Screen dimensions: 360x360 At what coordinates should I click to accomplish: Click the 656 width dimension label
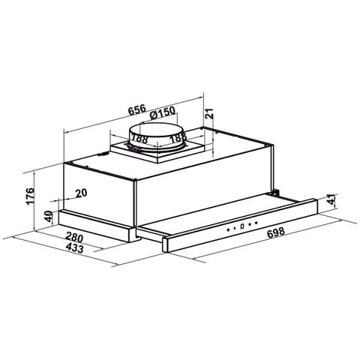(x=136, y=109)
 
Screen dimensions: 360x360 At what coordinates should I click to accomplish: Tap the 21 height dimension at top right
(x=211, y=113)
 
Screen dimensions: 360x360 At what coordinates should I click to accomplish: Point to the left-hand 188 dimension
(x=137, y=138)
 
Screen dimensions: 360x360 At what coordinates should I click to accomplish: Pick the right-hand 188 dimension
(x=178, y=138)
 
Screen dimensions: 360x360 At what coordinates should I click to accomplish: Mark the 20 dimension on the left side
(x=81, y=193)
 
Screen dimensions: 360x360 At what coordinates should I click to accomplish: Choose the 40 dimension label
(x=49, y=217)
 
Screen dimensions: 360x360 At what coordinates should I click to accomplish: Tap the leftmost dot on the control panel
(x=232, y=226)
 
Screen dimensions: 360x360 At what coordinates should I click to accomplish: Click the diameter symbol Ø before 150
(x=153, y=115)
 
